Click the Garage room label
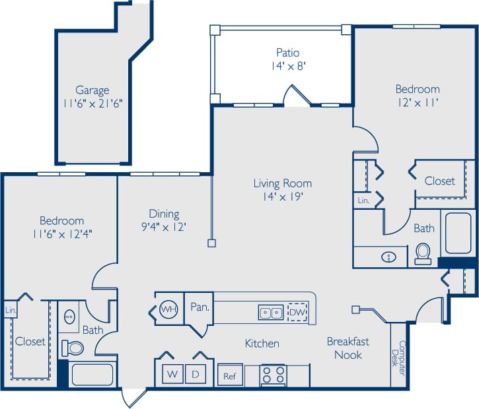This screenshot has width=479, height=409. coord(92,90)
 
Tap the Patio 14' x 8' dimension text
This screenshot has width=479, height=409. coord(288,65)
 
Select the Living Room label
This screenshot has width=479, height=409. coord(283,183)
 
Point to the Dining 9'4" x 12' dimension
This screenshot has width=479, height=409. coord(164,226)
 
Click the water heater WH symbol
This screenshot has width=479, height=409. coord(169,308)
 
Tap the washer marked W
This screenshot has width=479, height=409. coord(172,374)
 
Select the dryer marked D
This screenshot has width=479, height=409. coord(196,374)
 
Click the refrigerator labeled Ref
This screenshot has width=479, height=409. coord(229,376)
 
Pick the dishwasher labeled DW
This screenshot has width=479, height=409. coord(297,311)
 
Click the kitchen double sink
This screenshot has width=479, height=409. coord(271,311)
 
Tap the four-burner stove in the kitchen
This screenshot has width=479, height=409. coord(274,375)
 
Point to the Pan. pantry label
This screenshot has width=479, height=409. coord(200,307)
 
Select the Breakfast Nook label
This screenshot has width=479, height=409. coord(348,348)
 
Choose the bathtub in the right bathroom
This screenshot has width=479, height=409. coord(458,233)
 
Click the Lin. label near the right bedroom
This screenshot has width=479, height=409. coord(363,200)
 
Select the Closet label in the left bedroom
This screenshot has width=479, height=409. coord(30,341)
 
